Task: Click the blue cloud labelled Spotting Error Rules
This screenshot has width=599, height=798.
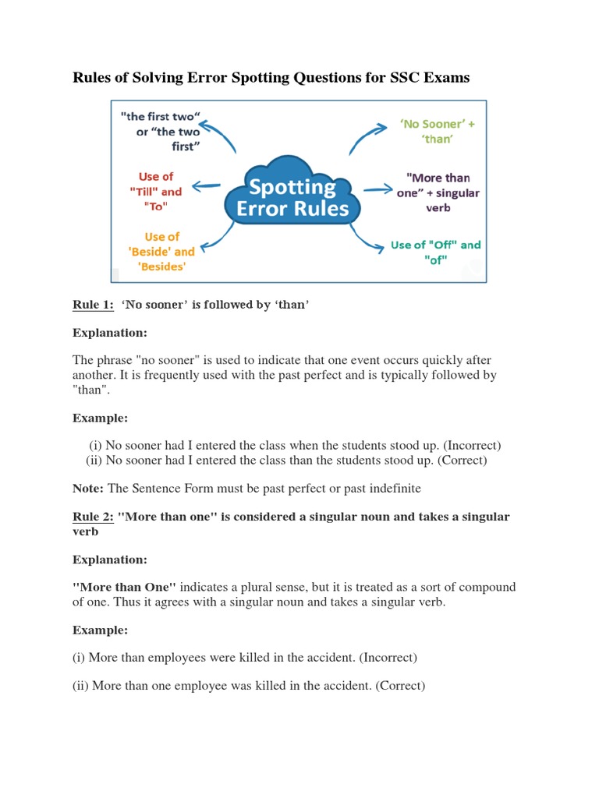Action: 292,196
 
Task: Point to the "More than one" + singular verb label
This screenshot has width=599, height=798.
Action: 438,192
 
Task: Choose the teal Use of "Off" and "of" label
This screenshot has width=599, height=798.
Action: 435,252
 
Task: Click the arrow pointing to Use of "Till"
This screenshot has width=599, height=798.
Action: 206,185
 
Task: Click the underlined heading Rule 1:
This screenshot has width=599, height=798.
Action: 93,305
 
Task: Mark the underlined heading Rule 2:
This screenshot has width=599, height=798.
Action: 93,517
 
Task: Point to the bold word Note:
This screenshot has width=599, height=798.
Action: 88,489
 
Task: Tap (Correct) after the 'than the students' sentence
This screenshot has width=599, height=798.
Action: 462,461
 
